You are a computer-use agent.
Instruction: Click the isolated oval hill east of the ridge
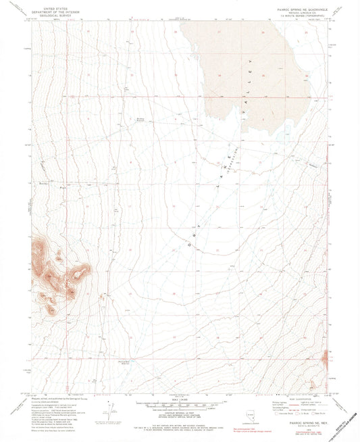[83, 272]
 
